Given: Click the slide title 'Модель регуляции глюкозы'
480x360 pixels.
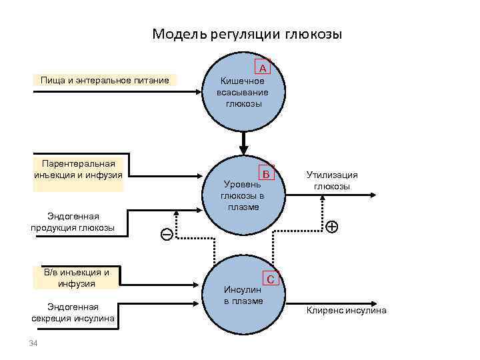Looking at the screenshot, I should pyautogui.click(x=247, y=34).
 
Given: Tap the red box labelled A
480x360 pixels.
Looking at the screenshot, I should pyautogui.click(x=263, y=68).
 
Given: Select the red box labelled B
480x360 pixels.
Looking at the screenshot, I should pyautogui.click(x=267, y=174).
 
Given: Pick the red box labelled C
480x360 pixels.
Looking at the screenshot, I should pyautogui.click(x=271, y=279).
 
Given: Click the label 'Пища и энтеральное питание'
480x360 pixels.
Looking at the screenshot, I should pyautogui.click(x=105, y=81).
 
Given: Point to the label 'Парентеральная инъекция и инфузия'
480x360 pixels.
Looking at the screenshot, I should pyautogui.click(x=78, y=169).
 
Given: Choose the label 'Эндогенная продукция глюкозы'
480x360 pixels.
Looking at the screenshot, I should pyautogui.click(x=73, y=222).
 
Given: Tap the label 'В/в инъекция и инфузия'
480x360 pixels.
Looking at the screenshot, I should pyautogui.click(x=76, y=277).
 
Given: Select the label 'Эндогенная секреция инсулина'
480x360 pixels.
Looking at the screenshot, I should pyautogui.click(x=73, y=313).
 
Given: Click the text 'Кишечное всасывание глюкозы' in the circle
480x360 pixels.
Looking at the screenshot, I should pyautogui.click(x=243, y=93).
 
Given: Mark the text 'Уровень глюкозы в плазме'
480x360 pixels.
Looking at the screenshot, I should pyautogui.click(x=243, y=195).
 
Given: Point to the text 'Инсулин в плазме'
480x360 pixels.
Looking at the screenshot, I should pyautogui.click(x=243, y=295).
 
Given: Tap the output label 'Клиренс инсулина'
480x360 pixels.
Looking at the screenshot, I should pyautogui.click(x=346, y=310).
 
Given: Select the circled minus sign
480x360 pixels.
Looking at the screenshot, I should pyautogui.click(x=166, y=234).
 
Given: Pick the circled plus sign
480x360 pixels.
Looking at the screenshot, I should pyautogui.click(x=331, y=226).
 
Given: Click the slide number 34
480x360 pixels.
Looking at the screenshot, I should pyautogui.click(x=32, y=343).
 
